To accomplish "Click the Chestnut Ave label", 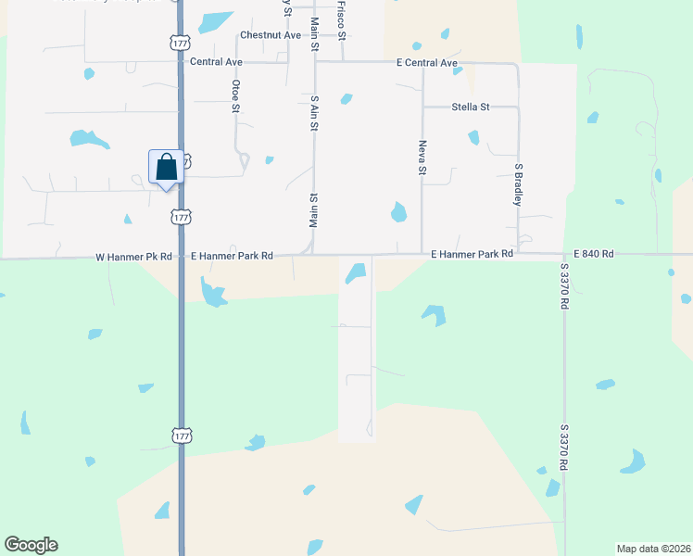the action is click(x=271, y=35).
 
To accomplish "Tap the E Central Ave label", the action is click(x=427, y=63).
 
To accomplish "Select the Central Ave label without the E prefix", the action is click(x=215, y=62).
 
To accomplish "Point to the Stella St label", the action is click(x=471, y=107).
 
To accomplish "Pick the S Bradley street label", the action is click(x=519, y=185).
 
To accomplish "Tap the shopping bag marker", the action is click(x=167, y=169).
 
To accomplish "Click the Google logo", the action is click(x=31, y=545).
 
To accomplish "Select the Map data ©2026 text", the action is click(x=652, y=548).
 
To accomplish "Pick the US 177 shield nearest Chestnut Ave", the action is click(x=181, y=43).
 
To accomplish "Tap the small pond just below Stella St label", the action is click(x=473, y=137).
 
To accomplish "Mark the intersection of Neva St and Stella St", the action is click(x=423, y=107).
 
